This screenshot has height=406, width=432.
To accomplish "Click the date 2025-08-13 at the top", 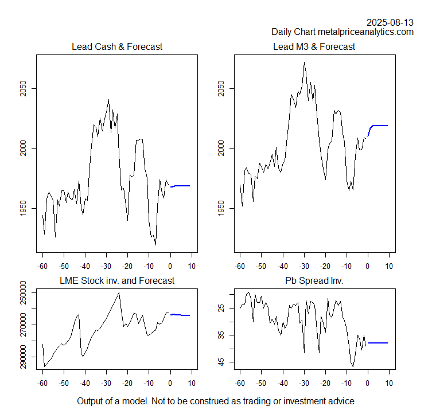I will tap(390, 22).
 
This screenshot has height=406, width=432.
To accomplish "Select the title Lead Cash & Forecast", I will tap(116, 46).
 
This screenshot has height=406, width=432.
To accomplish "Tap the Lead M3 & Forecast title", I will tap(314, 46).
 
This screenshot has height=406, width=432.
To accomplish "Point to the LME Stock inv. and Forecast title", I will tap(117, 281).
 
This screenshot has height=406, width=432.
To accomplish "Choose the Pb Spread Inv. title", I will tap(314, 281).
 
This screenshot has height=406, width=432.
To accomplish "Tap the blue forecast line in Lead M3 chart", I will tap(379, 125).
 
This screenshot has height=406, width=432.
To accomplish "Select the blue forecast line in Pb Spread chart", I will tap(378, 343).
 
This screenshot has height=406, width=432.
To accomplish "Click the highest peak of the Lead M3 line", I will tap(304, 63).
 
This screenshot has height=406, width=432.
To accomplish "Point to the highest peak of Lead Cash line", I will tap(108, 100).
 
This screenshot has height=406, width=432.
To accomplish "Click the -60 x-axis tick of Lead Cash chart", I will tap(42, 266).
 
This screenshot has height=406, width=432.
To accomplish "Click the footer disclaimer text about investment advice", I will tap(216, 401).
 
